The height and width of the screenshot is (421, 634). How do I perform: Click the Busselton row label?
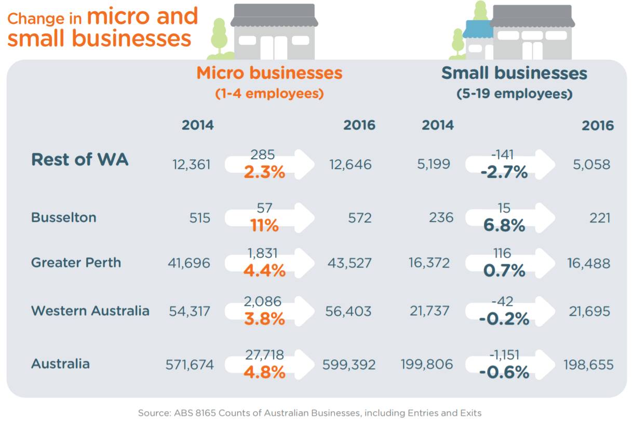click(x=64, y=217)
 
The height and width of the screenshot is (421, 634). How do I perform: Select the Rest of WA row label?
click(x=80, y=160)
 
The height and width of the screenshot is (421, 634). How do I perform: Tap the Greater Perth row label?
click(x=76, y=262)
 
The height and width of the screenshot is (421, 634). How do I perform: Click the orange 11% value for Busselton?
click(x=264, y=226)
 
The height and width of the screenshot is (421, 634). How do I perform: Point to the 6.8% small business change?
click(x=504, y=226)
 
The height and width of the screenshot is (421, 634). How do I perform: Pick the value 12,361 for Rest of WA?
click(x=192, y=165)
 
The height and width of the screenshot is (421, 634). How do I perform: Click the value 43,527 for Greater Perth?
click(x=349, y=263)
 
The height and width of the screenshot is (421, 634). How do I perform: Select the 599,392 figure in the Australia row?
click(x=348, y=364)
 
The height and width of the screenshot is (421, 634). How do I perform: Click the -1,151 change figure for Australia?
click(x=504, y=355)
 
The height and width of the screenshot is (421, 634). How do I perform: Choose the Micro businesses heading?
click(x=269, y=73)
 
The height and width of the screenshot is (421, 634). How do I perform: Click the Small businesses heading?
click(x=514, y=73)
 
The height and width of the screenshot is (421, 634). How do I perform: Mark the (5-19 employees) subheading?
click(x=514, y=94)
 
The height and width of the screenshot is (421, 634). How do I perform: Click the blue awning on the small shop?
click(x=478, y=29)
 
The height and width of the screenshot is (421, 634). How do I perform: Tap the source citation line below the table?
click(x=309, y=413)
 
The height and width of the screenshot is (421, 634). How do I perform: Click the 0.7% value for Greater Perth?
click(x=504, y=271)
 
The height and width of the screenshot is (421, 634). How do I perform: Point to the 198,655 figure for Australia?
click(x=588, y=364)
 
